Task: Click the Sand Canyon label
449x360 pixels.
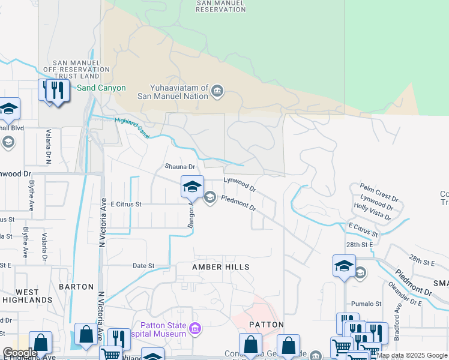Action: [101, 88]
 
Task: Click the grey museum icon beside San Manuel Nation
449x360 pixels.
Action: [217, 92]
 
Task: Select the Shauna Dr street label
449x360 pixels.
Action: [180, 167]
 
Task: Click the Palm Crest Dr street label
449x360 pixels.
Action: [379, 193]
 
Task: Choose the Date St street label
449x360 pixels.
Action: [143, 265]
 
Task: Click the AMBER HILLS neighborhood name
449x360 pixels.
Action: [220, 266]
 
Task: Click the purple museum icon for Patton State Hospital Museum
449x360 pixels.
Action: [194, 329]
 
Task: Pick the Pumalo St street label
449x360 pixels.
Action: [366, 304]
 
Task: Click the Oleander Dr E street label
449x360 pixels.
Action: [406, 295]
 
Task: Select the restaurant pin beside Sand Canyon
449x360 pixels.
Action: [58, 91]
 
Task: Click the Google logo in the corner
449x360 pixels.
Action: [19, 353]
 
